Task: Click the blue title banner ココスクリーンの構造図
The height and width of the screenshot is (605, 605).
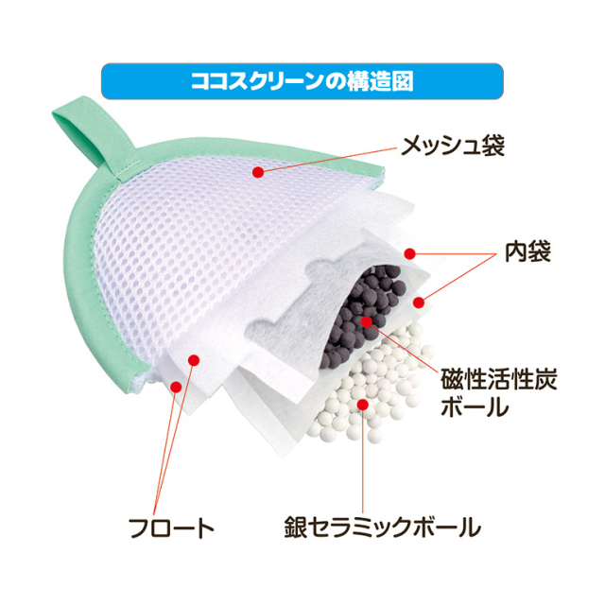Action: click(x=302, y=81)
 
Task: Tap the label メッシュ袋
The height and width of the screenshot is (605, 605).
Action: click(x=453, y=147)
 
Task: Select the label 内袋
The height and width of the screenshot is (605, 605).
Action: click(x=527, y=252)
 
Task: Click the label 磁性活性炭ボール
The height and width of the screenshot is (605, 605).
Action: click(x=499, y=393)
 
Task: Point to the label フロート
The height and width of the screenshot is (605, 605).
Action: click(x=172, y=528)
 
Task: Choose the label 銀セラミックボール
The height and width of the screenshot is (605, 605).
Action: click(x=382, y=527)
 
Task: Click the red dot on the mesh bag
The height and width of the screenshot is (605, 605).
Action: click(x=258, y=172)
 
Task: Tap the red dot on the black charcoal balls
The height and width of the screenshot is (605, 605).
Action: click(x=366, y=321)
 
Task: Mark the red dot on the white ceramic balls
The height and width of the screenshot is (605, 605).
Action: click(x=362, y=405)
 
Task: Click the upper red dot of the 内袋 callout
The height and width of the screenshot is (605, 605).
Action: click(x=409, y=253)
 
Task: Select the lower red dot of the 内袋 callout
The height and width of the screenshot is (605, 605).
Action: click(x=419, y=302)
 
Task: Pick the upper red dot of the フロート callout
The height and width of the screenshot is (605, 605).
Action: click(x=194, y=360)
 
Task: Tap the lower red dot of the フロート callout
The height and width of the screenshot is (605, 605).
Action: click(x=176, y=387)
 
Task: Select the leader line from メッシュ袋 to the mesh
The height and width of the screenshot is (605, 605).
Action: click(x=328, y=160)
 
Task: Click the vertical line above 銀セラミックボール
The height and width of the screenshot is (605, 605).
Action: click(x=363, y=459)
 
